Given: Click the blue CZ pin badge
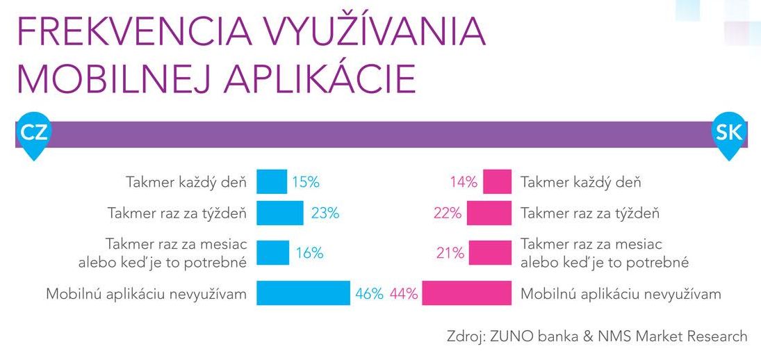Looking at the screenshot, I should coord(33,133).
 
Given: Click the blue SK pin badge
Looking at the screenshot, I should coord(729,133).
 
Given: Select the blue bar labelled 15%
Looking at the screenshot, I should coord(272,182).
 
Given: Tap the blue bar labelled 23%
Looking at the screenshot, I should coord(280,213).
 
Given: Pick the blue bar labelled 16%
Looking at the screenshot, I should coord(273,253).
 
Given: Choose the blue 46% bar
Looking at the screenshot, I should coord(304,293).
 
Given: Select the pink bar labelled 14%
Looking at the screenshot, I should coord(498,182).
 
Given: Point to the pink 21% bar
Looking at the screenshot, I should coord(491,253).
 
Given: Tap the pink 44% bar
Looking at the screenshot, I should coord(467,293).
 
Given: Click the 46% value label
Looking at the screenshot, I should coord(369,294).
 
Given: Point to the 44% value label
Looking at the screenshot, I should coord(404,294).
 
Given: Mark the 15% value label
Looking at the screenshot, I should coord(306,183).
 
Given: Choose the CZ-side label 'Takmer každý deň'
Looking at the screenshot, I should coord(186,183).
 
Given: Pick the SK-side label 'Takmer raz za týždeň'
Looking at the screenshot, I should coord(590,213).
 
